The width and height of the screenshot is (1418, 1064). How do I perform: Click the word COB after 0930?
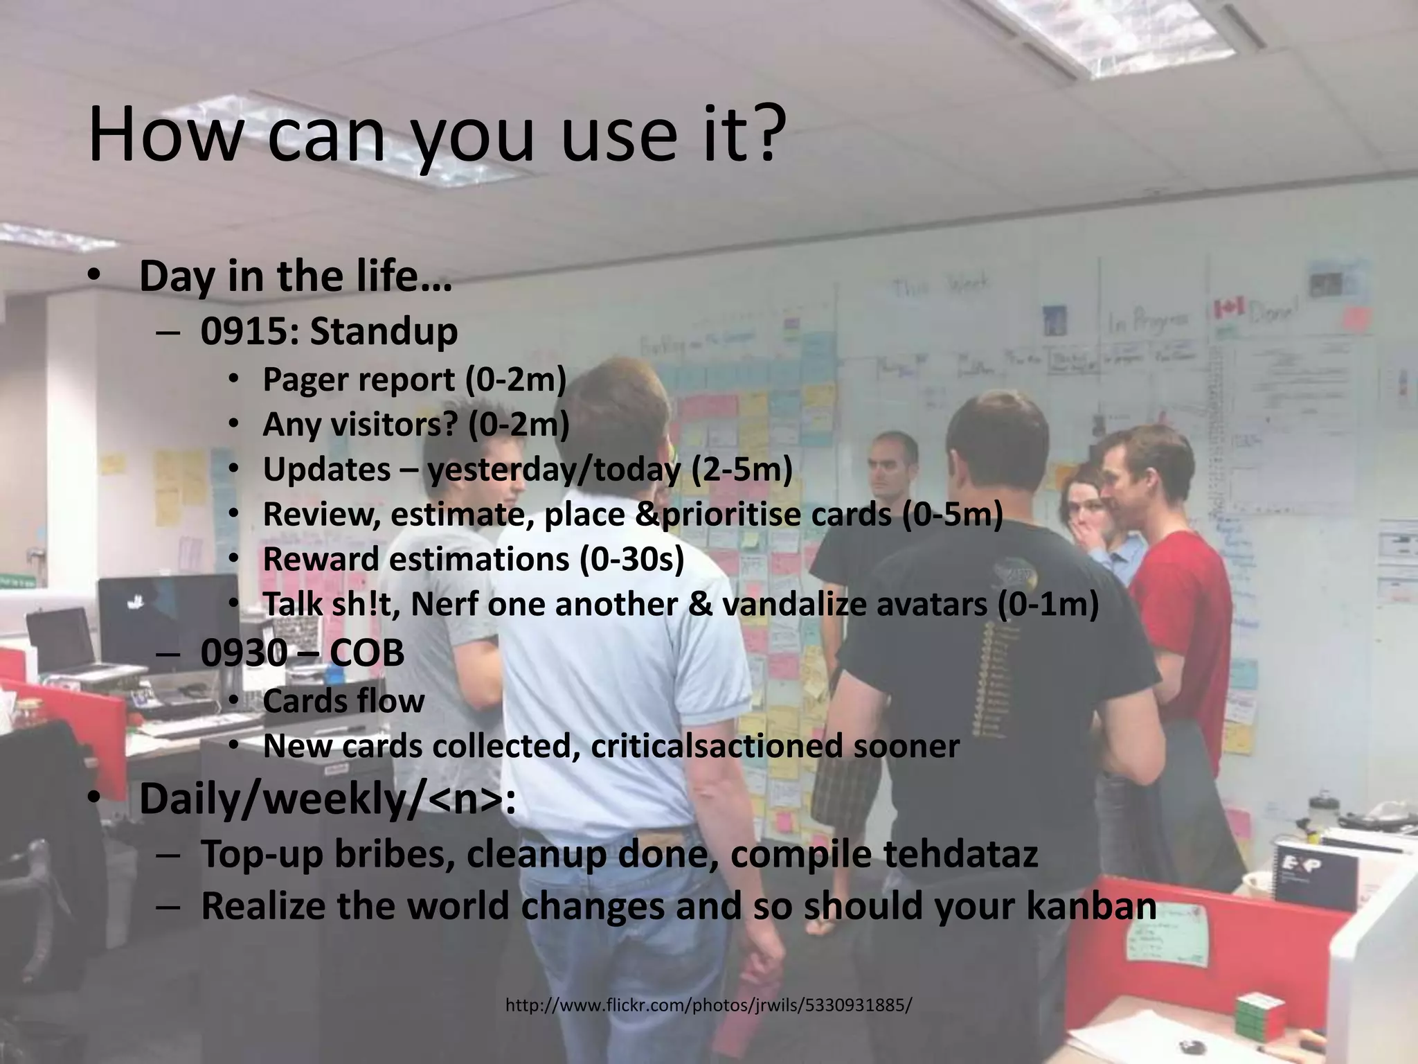pyautogui.click(x=366, y=653)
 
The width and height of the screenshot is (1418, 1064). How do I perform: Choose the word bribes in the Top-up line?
pyautogui.click(x=395, y=853)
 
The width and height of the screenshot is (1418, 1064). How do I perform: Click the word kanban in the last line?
pyautogui.click(x=1091, y=905)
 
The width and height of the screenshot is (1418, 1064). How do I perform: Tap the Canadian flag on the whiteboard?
pyautogui.click(x=1230, y=308)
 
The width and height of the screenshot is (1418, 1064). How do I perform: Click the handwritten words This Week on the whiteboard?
pyautogui.click(x=941, y=286)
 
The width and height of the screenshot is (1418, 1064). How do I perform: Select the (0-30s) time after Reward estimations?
pyautogui.click(x=631, y=559)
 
